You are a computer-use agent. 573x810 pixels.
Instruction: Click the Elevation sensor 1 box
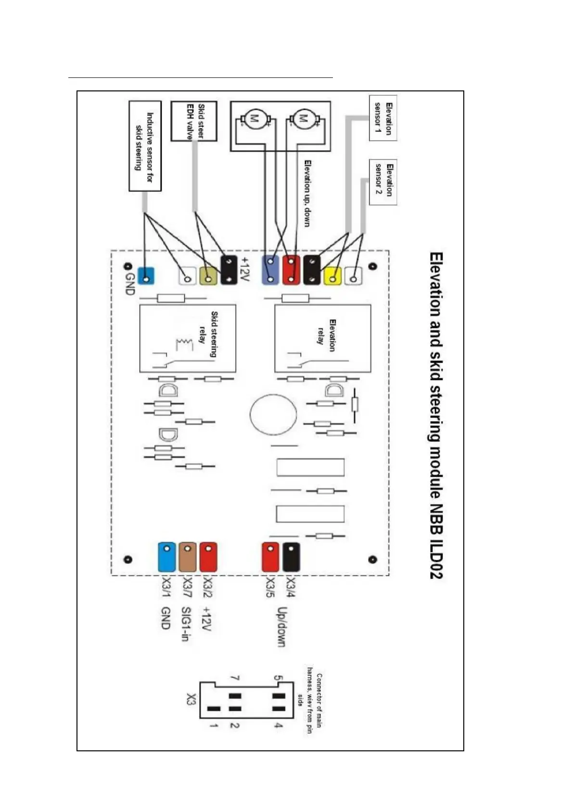383,118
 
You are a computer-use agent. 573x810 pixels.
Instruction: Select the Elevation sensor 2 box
383,182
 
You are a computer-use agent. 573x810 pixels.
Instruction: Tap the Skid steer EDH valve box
194,121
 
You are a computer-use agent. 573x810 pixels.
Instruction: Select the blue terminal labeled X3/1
166,557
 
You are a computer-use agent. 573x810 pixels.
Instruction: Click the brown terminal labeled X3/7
188,557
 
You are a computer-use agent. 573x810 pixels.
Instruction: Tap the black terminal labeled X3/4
291,556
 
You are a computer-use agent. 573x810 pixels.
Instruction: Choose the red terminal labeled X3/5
270,557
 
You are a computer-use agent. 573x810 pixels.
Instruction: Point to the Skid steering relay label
208,335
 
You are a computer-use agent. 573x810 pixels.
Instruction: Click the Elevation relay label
326,332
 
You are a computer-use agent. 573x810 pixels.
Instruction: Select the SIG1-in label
187,624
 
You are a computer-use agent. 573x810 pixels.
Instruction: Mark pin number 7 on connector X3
235,678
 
